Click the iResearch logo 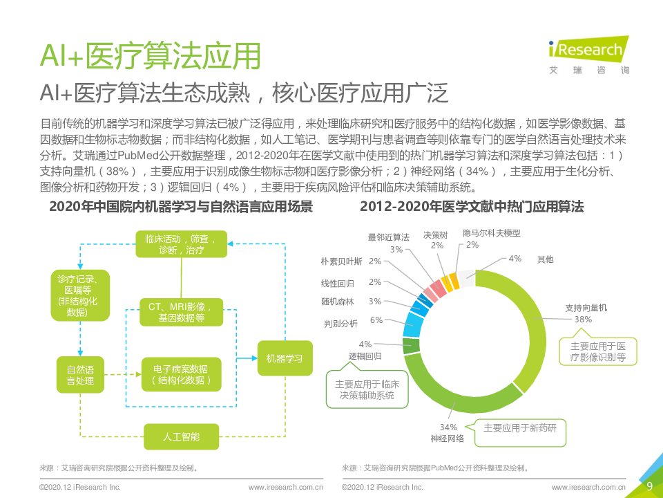click(586, 55)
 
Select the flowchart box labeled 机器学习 click(285, 358)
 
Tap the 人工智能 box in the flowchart click(181, 436)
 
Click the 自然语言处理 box click(80, 374)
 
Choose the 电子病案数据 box click(181, 375)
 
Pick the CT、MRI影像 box click(181, 311)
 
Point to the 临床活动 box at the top click(181, 245)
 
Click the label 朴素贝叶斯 click(341, 261)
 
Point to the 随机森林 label click(337, 302)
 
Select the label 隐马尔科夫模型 click(491, 234)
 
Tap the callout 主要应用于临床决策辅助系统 click(365, 390)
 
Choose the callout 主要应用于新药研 click(525, 427)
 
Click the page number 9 click(649, 486)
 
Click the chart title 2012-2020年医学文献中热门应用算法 click(472, 207)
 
